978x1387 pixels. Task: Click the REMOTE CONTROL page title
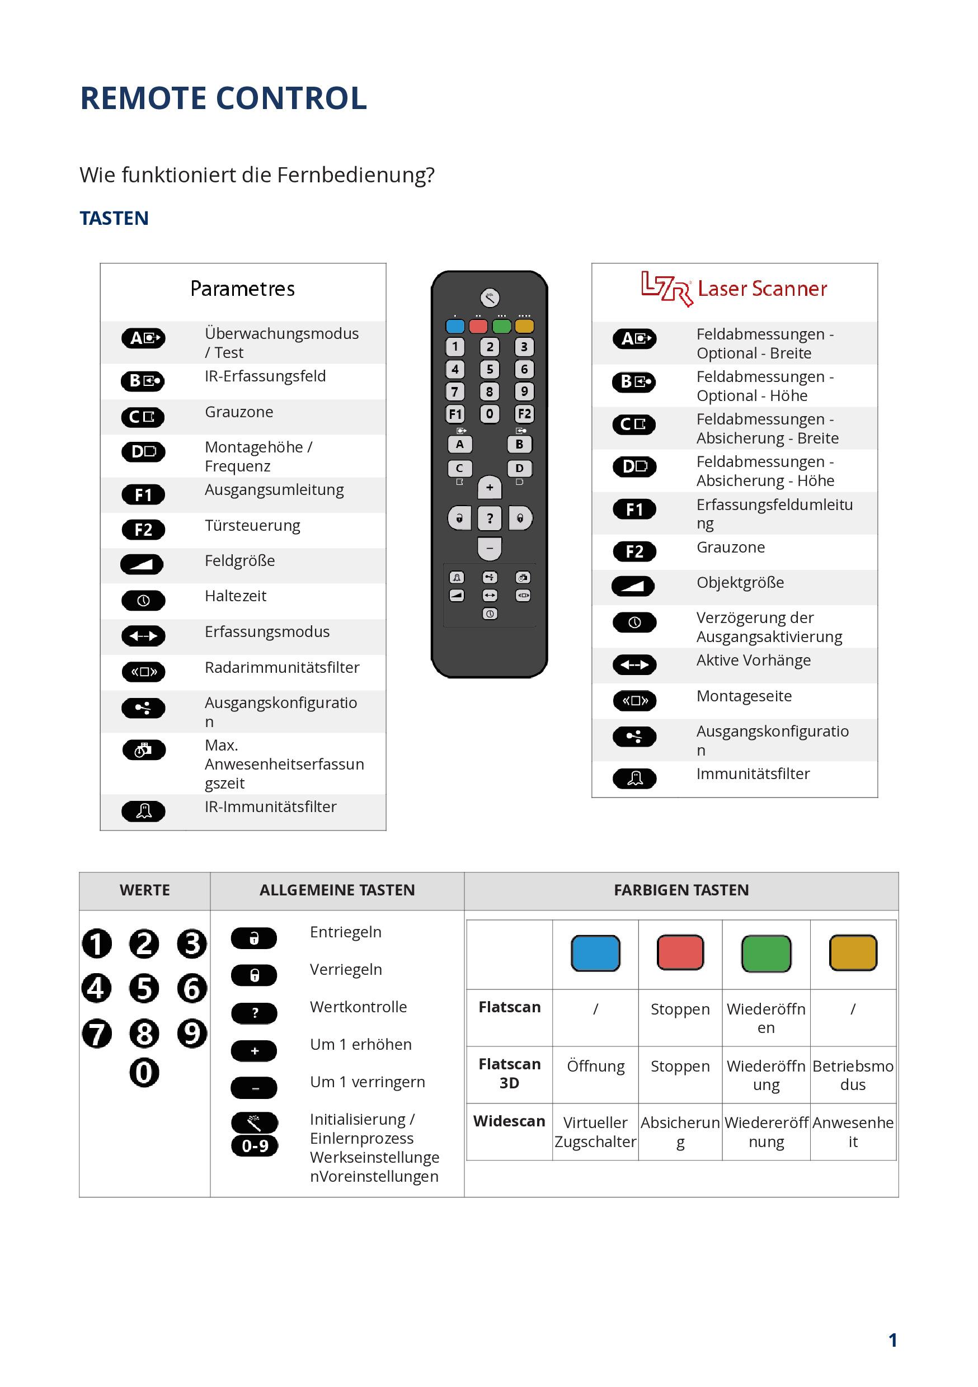click(x=223, y=98)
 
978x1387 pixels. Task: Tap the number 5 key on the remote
click(x=490, y=369)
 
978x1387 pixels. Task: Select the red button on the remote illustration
click(x=478, y=326)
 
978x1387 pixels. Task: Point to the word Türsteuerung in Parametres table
click(x=252, y=526)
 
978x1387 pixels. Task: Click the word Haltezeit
click(x=235, y=596)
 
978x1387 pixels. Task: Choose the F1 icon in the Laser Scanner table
click(x=634, y=510)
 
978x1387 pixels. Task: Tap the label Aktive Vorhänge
click(x=753, y=661)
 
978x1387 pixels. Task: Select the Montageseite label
click(x=744, y=696)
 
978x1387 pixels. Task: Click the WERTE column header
click(x=144, y=890)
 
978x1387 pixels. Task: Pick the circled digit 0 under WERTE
click(x=144, y=1073)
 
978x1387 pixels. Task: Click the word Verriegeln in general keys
click(x=346, y=970)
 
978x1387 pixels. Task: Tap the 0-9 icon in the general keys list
click(x=255, y=1146)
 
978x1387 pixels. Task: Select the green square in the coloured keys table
click(x=766, y=953)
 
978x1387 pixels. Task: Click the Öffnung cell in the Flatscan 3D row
click(x=595, y=1066)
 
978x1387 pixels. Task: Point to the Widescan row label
click(x=509, y=1121)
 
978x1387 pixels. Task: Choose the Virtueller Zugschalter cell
click(x=595, y=1132)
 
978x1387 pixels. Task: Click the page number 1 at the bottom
click(x=892, y=1340)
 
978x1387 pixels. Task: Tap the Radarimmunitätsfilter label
click(x=281, y=668)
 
